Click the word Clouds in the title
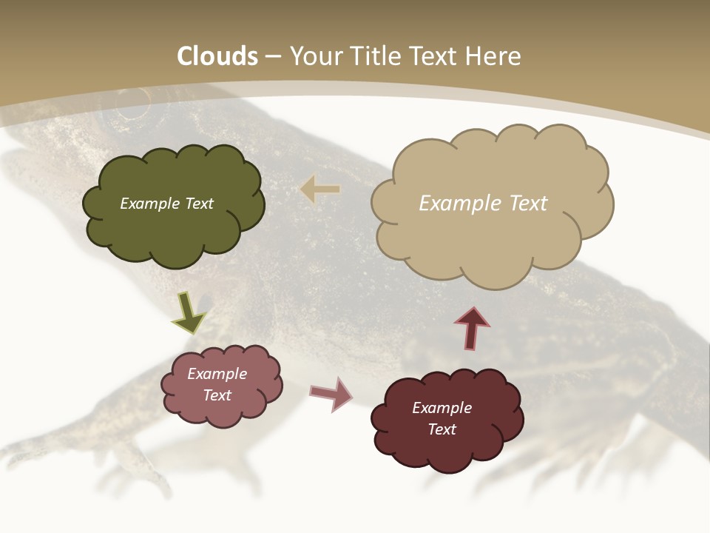point(217,56)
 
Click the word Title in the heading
point(373,56)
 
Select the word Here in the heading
point(495,56)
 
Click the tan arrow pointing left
point(320,190)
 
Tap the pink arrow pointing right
point(331,393)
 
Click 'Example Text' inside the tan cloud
point(483,204)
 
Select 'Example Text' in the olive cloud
point(166,204)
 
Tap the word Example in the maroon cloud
point(442,408)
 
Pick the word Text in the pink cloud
point(217,395)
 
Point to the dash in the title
point(273,57)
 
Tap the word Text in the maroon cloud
point(442,429)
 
